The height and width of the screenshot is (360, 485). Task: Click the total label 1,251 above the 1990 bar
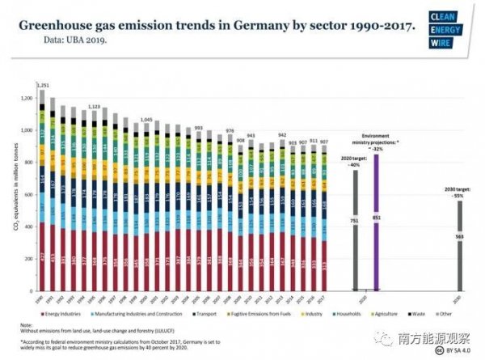point(44,84)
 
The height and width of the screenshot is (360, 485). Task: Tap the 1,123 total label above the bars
point(94,106)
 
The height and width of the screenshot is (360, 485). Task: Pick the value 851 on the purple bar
point(376,218)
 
